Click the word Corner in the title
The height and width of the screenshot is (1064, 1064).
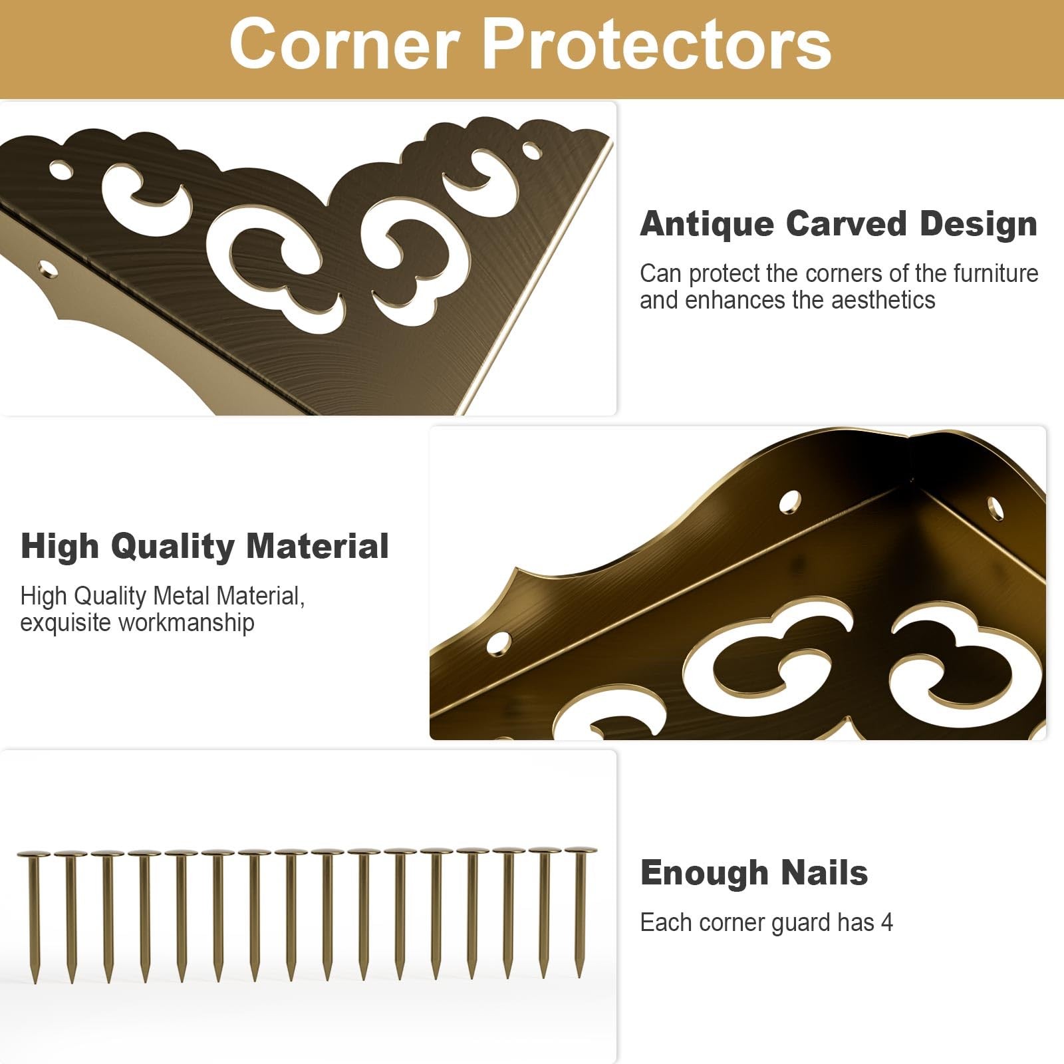(344, 44)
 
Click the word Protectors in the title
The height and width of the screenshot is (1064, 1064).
(656, 44)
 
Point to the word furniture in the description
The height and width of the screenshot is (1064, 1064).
(996, 273)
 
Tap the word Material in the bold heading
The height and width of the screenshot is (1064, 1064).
(317, 546)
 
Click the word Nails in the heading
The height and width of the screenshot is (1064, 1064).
(825, 872)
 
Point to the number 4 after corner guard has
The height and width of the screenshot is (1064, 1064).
(886, 923)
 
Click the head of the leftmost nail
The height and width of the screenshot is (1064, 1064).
(35, 854)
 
